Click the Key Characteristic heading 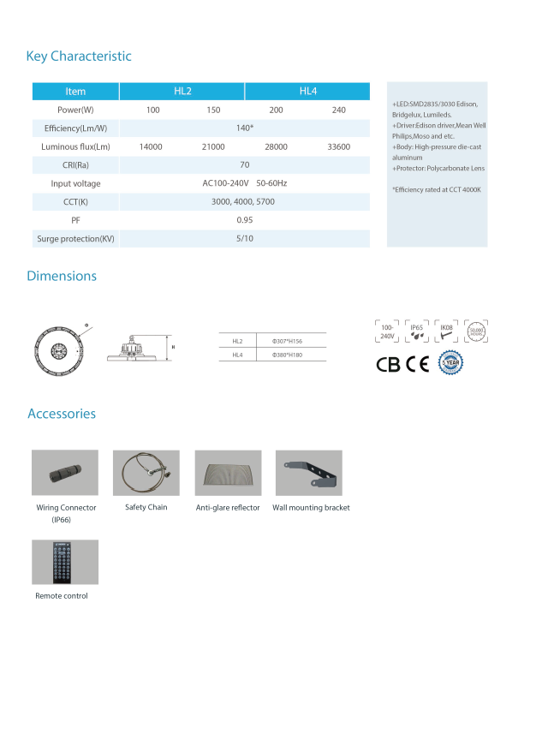pos(79,57)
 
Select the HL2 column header pos(182,91)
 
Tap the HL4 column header pos(308,91)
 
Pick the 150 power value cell pos(213,110)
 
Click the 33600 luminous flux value pos(339,146)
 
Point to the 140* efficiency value pos(245,128)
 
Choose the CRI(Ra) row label pos(75,165)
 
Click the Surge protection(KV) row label pos(75,238)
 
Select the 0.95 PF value pos(244,220)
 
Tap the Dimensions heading pos(62,276)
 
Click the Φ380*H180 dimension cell pos(287,355)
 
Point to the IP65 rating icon pos(417,331)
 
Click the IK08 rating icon pos(446,331)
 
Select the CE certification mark pos(418,363)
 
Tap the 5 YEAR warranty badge pos(450,363)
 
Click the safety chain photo pos(146,472)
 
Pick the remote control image pos(65,562)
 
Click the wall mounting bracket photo pos(308,472)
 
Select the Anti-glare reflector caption pos(228,508)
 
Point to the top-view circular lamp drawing pos(58,350)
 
